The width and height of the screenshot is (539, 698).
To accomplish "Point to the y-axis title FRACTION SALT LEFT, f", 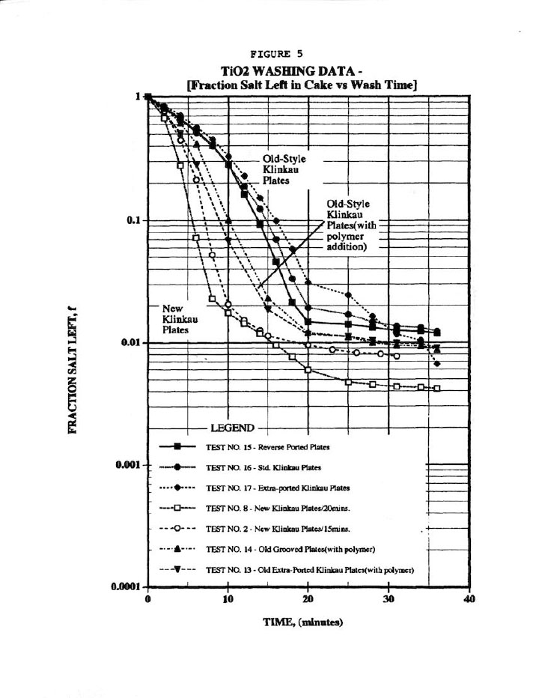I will click(x=76, y=371).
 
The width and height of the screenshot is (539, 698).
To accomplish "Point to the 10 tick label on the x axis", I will click(x=228, y=601).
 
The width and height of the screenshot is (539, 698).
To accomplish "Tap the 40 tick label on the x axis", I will click(x=469, y=601).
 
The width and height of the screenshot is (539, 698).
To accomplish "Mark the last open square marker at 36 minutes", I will click(x=437, y=388).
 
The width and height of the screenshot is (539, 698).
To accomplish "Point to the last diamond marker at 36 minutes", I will click(x=437, y=364).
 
